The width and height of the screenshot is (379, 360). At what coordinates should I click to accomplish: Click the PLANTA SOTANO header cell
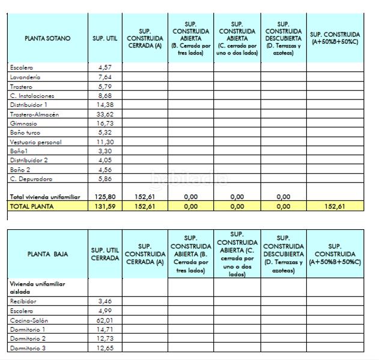point(47,38)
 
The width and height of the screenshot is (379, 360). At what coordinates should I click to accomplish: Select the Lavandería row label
point(25,77)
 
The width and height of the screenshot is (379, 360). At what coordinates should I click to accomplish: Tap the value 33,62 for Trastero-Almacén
point(105,114)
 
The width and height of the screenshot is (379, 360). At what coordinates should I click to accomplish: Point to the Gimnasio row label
point(22,123)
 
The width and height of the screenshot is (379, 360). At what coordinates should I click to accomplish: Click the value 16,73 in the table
point(105,123)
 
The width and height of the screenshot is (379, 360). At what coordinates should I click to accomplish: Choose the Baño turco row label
point(25,133)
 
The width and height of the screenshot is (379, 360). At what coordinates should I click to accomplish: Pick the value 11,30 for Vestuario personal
point(105,142)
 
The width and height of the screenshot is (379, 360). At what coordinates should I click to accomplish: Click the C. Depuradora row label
point(31,179)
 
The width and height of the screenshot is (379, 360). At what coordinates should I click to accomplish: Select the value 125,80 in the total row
point(105,196)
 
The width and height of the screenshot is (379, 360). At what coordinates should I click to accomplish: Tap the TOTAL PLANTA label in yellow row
point(32,206)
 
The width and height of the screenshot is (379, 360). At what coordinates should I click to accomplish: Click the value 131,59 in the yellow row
point(105,206)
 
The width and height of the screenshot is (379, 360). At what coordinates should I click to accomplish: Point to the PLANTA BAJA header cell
point(47,253)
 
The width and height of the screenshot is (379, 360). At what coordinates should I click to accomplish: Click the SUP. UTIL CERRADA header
point(105,253)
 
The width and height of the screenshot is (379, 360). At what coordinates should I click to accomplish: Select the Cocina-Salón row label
point(29,320)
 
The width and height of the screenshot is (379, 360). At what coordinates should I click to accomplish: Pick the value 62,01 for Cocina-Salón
point(105,320)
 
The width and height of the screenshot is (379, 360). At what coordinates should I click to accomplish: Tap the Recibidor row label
point(23,301)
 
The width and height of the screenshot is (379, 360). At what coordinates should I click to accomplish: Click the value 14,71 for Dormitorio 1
point(105,329)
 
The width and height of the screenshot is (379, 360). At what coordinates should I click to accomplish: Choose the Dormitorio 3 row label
point(28,348)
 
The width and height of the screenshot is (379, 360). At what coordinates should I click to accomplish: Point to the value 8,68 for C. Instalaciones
point(105,95)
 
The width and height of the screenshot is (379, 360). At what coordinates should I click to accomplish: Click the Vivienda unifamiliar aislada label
point(37,287)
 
